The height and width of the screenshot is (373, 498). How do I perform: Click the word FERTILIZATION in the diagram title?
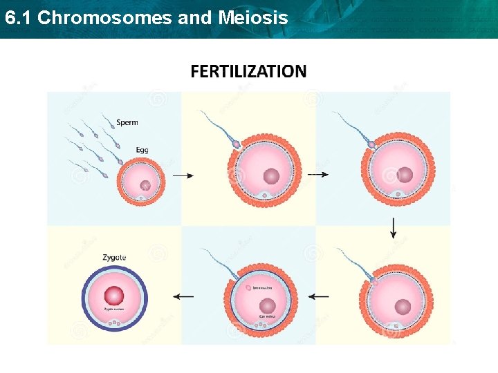coord(248,71)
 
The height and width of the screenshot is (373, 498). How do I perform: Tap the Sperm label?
coord(127,122)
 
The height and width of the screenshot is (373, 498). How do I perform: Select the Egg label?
coord(141,149)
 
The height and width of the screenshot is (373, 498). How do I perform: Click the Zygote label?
coord(114,258)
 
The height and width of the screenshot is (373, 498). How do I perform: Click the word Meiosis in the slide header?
coord(253,18)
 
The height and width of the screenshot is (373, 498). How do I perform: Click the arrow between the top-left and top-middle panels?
coord(183,176)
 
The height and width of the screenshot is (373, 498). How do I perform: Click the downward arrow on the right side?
coord(394,227)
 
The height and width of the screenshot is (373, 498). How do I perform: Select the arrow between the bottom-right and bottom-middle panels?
coord(319,296)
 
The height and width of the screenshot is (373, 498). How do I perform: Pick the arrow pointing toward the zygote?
coord(183,296)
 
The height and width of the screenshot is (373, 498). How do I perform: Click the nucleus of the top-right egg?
coord(405,175)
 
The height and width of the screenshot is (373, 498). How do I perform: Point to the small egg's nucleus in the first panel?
coord(145,185)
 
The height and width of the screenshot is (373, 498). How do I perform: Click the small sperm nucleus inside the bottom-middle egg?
coord(248,287)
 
